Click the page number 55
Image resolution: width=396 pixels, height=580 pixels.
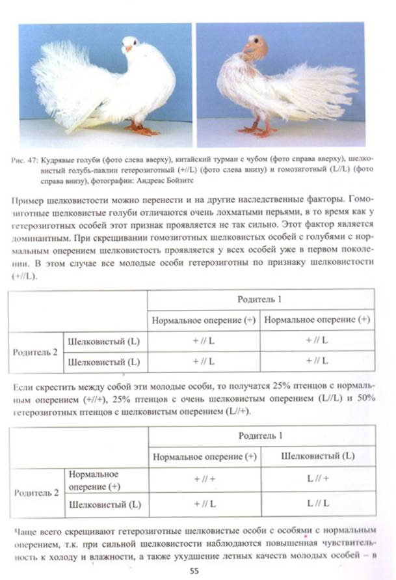pyautogui.click(x=196, y=570)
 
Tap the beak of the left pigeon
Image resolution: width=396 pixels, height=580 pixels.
pyautogui.click(x=129, y=48)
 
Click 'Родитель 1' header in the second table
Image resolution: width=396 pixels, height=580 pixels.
pyautogui.click(x=259, y=434)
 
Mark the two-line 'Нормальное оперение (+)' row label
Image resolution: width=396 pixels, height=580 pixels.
pyautogui.click(x=94, y=479)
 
